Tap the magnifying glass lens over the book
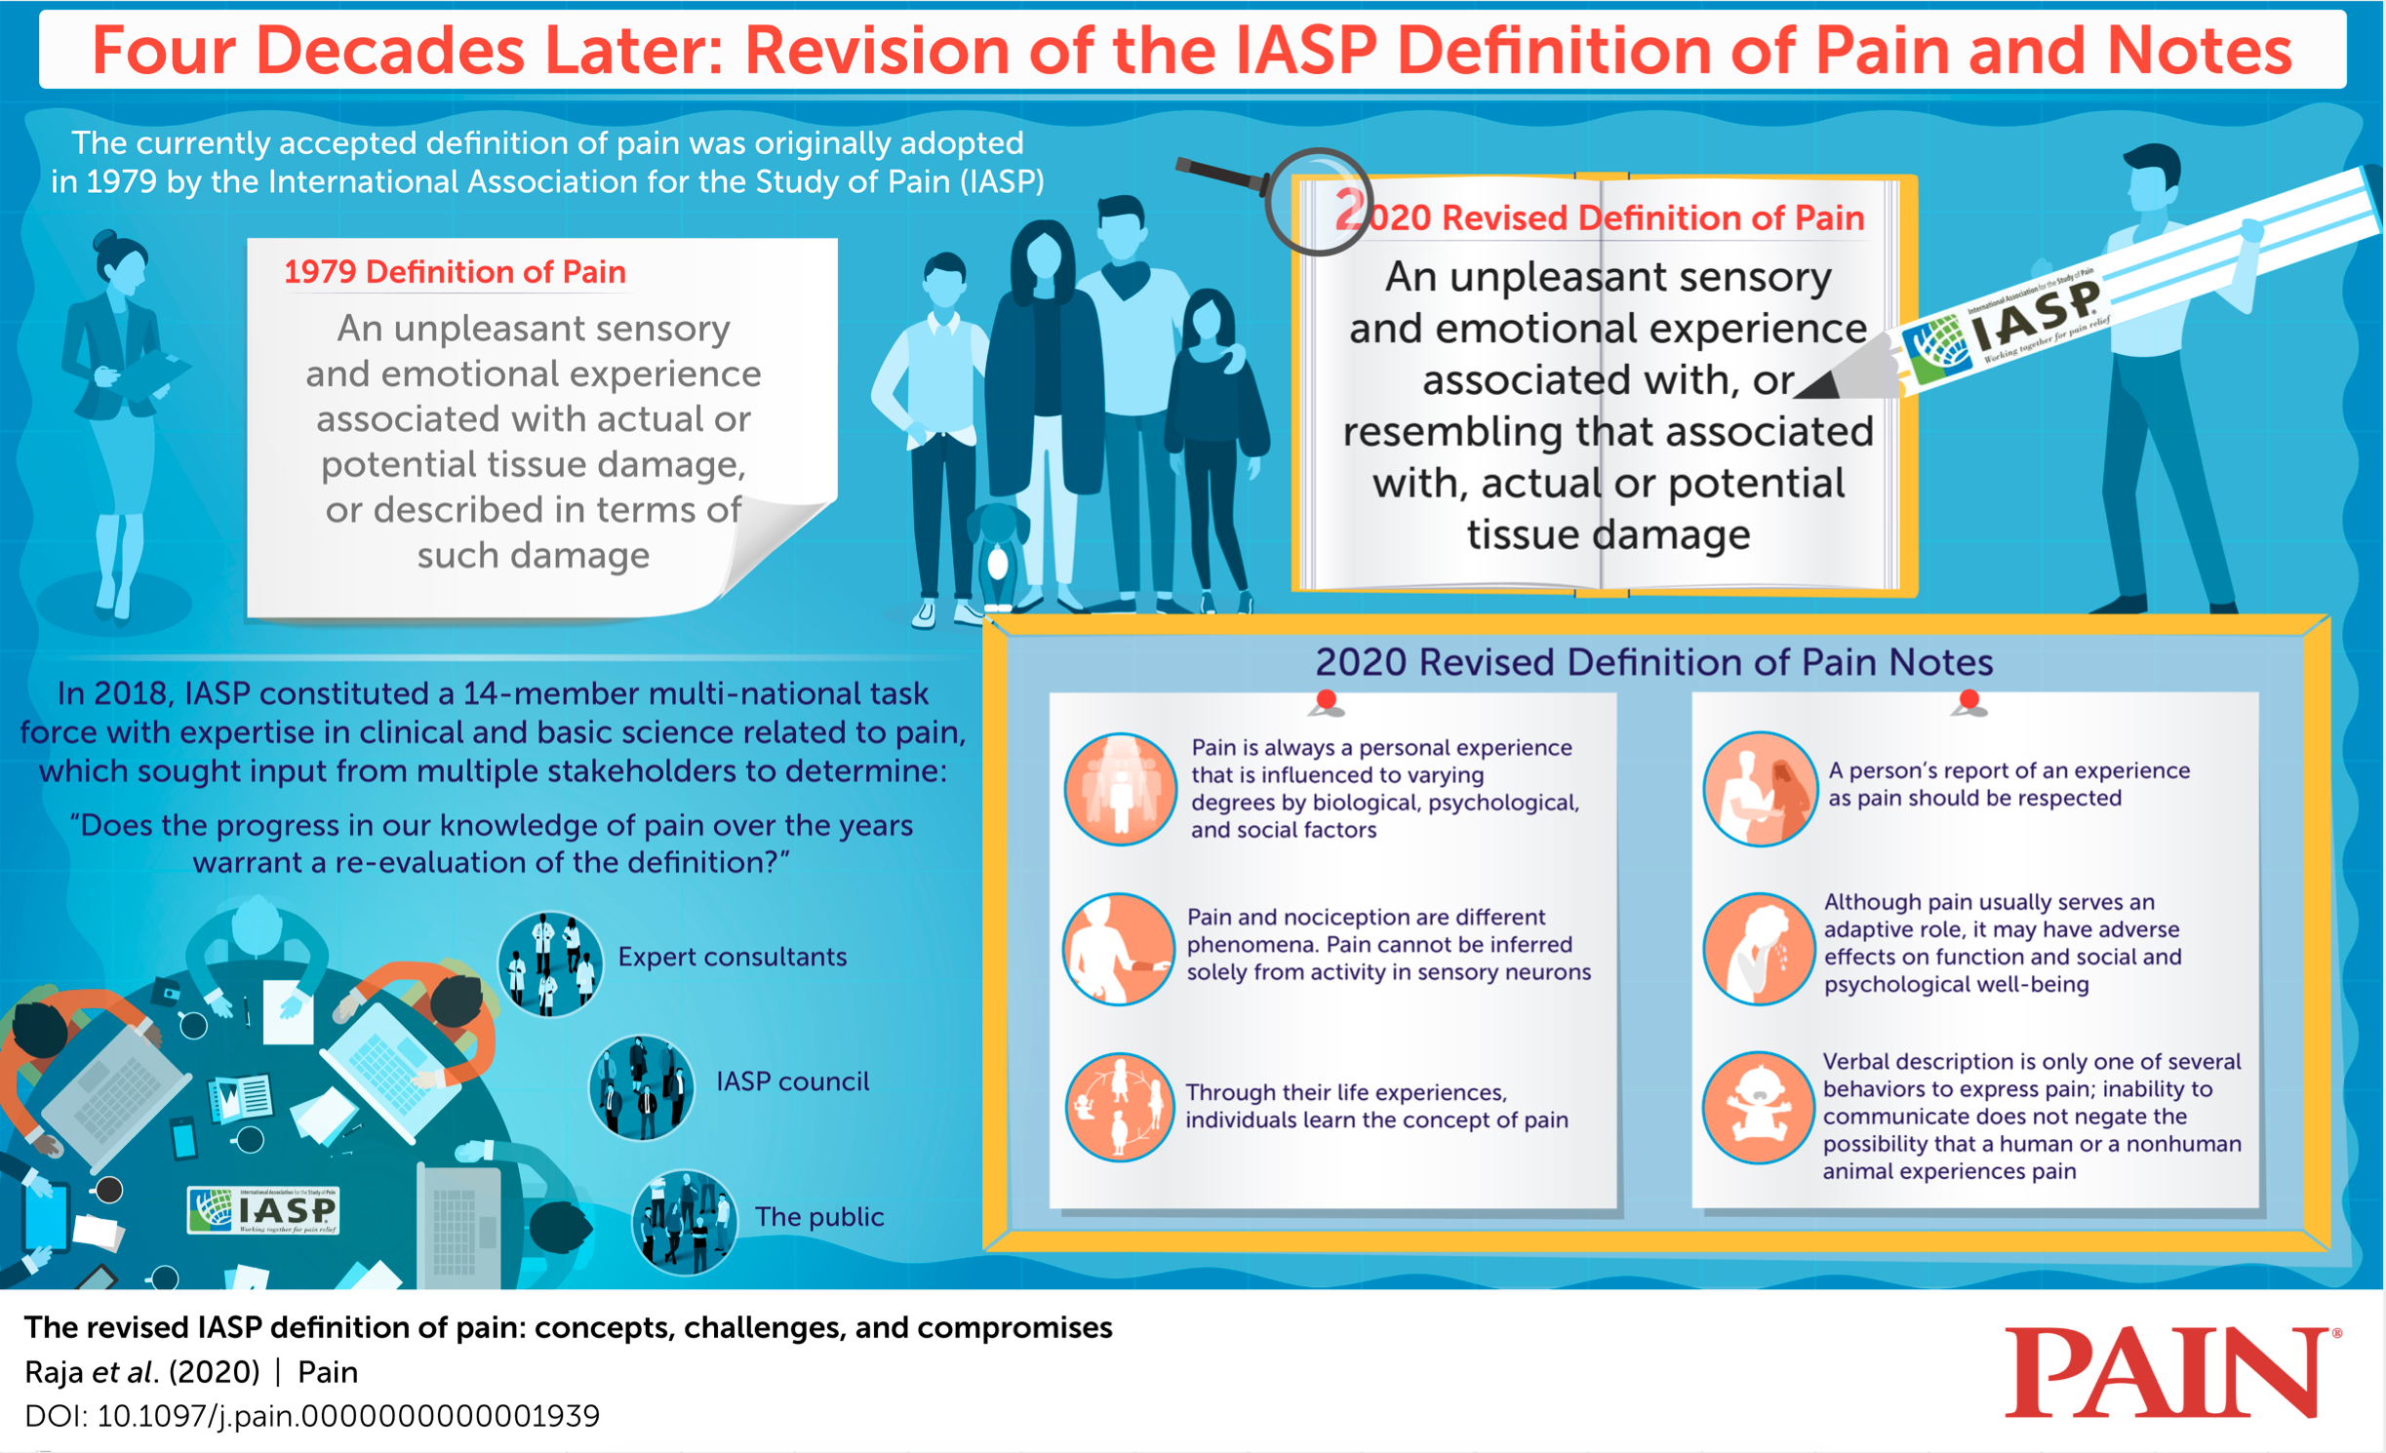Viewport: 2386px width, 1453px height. (1319, 202)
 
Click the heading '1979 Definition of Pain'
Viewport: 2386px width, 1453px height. (455, 272)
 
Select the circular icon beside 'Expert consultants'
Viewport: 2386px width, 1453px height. (550, 963)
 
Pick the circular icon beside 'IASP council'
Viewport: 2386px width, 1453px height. (642, 1087)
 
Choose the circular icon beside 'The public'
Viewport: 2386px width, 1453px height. (684, 1222)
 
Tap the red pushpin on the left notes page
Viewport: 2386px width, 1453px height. (1326, 702)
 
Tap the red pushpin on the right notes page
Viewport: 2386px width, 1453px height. (1968, 702)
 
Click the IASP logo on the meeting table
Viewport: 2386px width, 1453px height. (263, 1210)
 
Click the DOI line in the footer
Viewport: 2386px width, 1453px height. (312, 1416)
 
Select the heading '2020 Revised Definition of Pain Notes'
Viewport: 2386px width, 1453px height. (1653, 662)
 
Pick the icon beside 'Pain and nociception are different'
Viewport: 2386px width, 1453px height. (1119, 949)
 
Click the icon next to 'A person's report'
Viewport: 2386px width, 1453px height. (1760, 789)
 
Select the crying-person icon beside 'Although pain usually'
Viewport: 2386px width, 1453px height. (1759, 949)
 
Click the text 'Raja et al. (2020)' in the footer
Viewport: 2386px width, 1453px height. (142, 1372)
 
